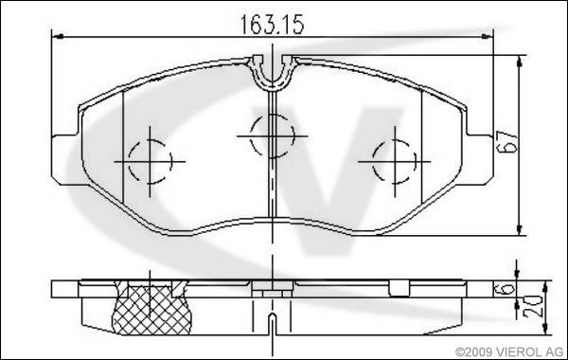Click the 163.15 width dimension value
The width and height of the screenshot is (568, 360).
click(x=272, y=25)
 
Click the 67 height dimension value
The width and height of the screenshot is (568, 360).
click(x=507, y=141)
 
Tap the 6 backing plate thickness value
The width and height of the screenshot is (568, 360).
click(x=508, y=289)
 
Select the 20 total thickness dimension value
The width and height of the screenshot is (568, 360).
click(x=532, y=307)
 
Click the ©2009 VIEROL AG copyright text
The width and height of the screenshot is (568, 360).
click(x=509, y=351)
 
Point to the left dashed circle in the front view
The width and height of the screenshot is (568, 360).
click(x=129, y=161)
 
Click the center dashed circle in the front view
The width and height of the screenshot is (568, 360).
click(x=250, y=136)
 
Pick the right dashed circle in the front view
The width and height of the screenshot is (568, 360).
click(x=373, y=161)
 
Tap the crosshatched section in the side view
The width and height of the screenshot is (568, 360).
click(x=151, y=310)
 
